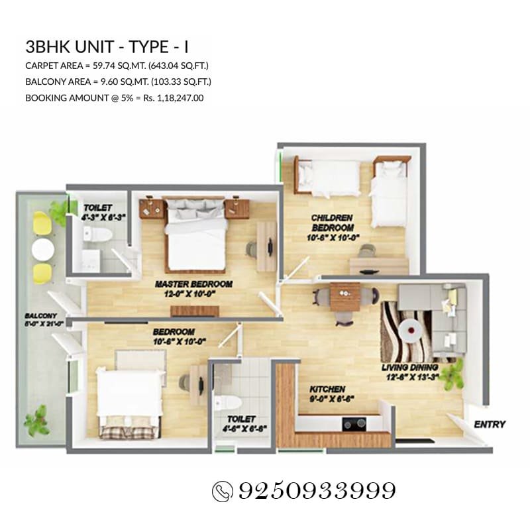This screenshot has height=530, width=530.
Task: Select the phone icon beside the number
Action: point(221,492)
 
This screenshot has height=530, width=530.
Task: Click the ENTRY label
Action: point(490,424)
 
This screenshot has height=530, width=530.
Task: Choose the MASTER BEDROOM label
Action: point(193,284)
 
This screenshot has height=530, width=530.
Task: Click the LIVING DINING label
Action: point(409,367)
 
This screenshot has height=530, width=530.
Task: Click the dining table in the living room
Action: point(344,296)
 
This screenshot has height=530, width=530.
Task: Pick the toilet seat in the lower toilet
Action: point(224,402)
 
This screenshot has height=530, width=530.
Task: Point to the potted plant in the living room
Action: point(453,374)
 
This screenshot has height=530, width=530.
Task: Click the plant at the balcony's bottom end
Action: point(36,421)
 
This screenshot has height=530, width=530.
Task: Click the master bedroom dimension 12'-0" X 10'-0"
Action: point(193,294)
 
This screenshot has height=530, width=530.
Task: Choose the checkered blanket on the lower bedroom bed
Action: point(129,429)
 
